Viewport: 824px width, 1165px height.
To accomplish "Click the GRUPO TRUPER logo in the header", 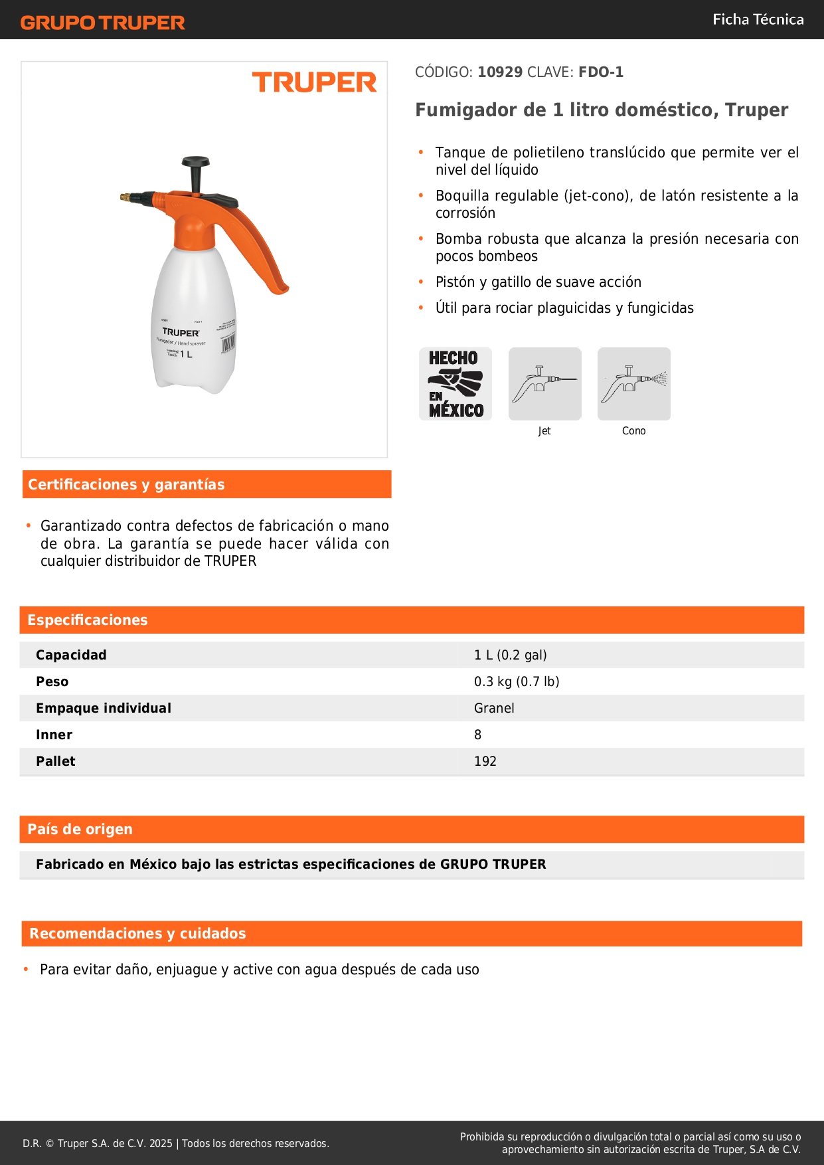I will (102, 23).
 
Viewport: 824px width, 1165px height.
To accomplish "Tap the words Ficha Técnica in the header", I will (758, 19).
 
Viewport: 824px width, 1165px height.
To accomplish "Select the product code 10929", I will (500, 72).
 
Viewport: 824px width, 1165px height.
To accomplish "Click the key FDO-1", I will (601, 72).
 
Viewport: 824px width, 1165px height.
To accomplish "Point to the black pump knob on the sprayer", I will (195, 161).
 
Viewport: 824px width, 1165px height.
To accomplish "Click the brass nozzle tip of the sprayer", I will (124, 197).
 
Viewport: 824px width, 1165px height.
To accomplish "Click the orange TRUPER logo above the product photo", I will (314, 82).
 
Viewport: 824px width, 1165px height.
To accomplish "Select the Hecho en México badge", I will (455, 384).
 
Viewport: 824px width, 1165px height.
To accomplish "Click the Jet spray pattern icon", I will (544, 384).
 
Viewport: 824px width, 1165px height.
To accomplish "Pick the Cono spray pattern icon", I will (633, 384).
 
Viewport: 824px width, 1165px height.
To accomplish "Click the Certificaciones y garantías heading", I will (126, 484).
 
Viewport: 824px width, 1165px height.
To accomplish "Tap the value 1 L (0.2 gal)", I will (510, 655).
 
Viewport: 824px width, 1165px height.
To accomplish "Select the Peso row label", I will (52, 681).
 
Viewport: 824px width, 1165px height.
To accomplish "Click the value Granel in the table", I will (494, 708).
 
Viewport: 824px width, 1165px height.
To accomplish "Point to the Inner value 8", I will (477, 735).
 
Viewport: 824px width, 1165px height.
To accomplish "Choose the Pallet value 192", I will (485, 761).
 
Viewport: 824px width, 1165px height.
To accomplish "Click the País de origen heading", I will (80, 829).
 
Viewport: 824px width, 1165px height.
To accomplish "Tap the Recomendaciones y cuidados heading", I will (137, 933).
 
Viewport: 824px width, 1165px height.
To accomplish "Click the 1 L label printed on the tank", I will (186, 354).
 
